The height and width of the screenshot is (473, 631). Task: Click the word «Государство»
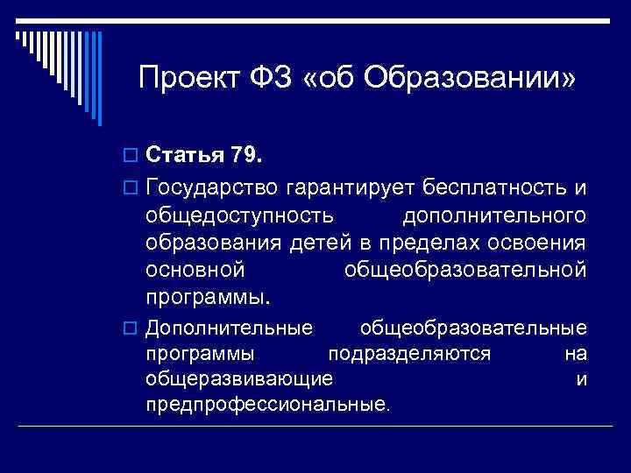213,188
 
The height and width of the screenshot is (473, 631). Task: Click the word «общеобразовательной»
464,269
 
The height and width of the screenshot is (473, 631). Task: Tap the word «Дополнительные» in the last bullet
229,328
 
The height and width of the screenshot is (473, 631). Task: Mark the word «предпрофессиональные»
267,405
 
